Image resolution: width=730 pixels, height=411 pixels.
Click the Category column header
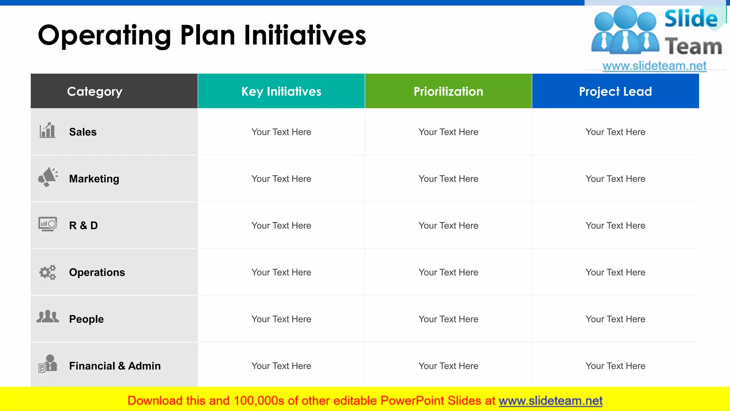pos(95,91)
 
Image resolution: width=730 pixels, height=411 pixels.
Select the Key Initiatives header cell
pos(281,91)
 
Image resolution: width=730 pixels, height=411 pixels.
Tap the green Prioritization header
pos(448,91)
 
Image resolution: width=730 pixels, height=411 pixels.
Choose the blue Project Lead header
pos(615,91)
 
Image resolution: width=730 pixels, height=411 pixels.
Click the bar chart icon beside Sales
pos(47,131)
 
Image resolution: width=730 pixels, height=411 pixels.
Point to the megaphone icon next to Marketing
pos(48,177)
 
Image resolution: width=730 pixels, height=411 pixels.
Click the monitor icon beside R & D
pos(48,224)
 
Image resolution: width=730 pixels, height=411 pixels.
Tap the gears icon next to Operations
pos(48,272)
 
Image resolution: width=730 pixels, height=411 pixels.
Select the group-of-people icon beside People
pos(47,317)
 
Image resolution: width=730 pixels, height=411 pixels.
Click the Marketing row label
pos(94,179)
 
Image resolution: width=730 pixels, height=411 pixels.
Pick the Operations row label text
pos(97,272)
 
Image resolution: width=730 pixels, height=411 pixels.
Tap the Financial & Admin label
pos(115,366)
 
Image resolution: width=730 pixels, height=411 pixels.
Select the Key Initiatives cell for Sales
pos(281,132)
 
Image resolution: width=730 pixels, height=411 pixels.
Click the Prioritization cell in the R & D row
pos(448,225)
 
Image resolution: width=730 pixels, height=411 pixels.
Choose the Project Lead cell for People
pos(615,319)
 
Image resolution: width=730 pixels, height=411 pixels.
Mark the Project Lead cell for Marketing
pos(615,179)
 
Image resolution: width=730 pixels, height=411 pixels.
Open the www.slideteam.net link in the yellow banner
pos(550,401)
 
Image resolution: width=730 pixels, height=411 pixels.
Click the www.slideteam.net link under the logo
pos(654,66)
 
